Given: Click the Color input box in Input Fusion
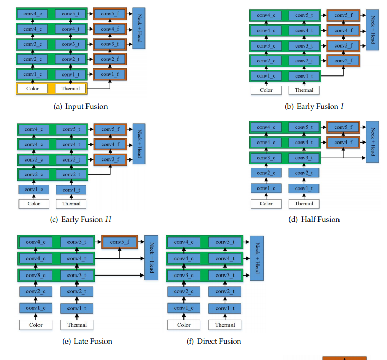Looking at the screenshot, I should [x=33, y=89].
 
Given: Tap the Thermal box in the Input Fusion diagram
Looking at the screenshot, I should [x=71, y=89].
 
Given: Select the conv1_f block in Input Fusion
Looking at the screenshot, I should [x=110, y=74].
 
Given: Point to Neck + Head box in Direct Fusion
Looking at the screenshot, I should [x=256, y=258].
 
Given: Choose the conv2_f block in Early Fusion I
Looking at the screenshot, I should [x=343, y=61].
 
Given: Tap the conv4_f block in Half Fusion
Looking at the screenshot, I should [x=343, y=143].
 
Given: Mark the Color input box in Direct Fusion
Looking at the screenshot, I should [x=183, y=325].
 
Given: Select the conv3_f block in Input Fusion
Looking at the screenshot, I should [x=110, y=44].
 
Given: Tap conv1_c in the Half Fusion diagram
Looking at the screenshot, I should [x=266, y=188].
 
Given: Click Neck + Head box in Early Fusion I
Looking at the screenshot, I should [x=372, y=30].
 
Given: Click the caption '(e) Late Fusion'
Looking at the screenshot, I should [x=87, y=341].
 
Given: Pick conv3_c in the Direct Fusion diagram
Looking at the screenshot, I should [x=183, y=275].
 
